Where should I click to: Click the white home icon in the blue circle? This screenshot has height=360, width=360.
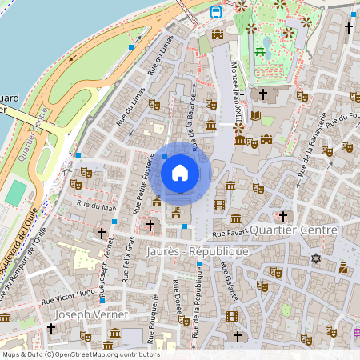pos(180,172)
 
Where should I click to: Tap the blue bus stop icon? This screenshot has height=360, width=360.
pos(216,11)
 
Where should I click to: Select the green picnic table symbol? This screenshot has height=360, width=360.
pos(260,53)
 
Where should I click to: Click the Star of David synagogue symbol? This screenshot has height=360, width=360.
pos(315,258)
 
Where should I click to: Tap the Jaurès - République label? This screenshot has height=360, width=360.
pos(198,251)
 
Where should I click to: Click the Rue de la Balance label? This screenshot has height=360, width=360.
pos(191,112)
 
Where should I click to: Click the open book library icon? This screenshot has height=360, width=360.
pos(255,116)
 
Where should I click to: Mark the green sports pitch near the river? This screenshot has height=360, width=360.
pos(16,192)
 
